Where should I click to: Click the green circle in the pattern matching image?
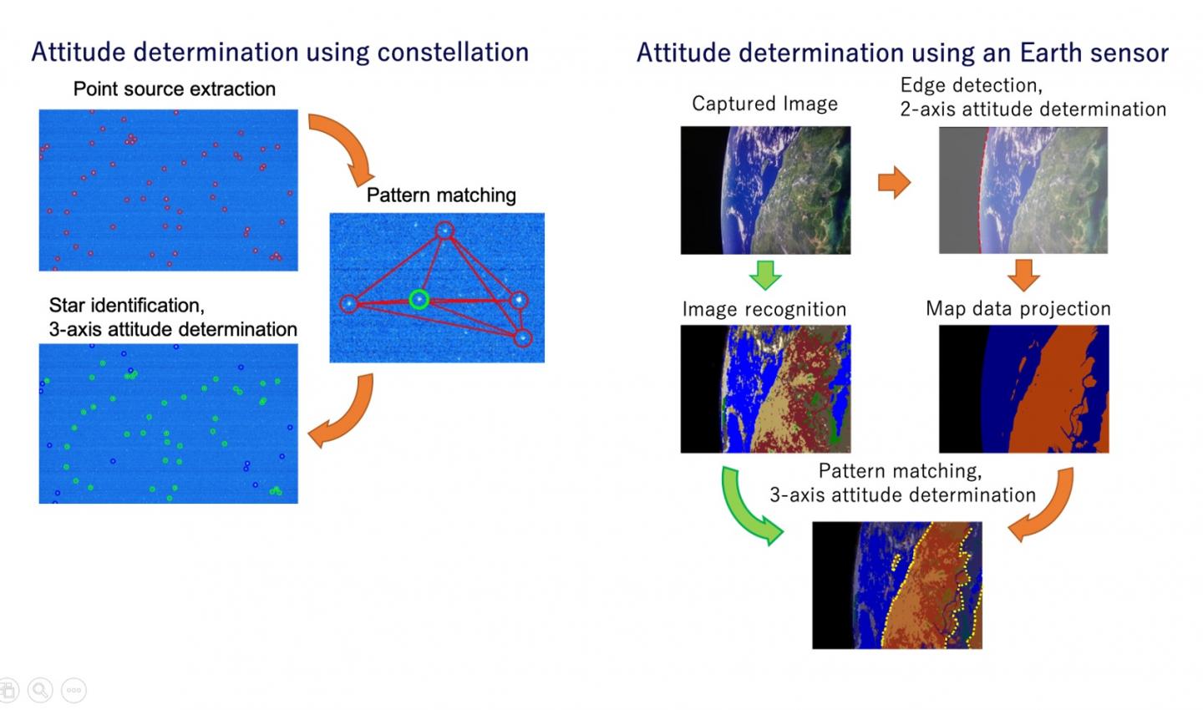pos(419,299)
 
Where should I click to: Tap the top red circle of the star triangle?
pos(444,230)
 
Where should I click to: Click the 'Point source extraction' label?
pos(174,89)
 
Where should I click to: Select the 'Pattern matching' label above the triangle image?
pos(441,195)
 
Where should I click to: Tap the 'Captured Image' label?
pos(764,104)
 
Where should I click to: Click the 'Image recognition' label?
pos(764,309)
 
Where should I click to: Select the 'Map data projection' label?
pos(1018,308)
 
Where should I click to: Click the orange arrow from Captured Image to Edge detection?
pos(894,182)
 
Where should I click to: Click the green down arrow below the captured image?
pos(765,274)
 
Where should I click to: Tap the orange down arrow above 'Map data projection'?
pos(1023,274)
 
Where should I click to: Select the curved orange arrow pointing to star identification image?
pos(343,413)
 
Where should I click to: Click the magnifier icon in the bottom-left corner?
pos(40,690)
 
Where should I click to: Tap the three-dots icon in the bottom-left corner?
pos(74,690)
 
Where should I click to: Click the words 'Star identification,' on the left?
pos(126,305)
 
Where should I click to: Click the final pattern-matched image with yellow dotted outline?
pos(896,585)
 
